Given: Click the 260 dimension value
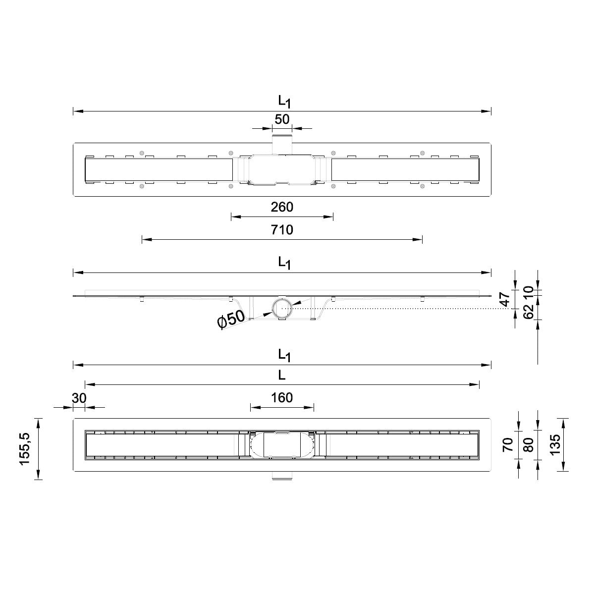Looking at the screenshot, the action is pyautogui.click(x=282, y=207).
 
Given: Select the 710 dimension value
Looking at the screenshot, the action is pyautogui.click(x=282, y=229).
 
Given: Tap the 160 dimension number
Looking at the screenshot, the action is pyautogui.click(x=282, y=397).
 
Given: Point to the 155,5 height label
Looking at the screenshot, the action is pyautogui.click(x=24, y=449).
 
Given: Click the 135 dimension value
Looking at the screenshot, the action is pyautogui.click(x=554, y=444).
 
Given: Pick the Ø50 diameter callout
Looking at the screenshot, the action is pyautogui.click(x=231, y=320).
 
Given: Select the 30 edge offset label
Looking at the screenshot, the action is pyautogui.click(x=79, y=398).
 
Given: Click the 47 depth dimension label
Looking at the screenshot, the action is pyautogui.click(x=505, y=299).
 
